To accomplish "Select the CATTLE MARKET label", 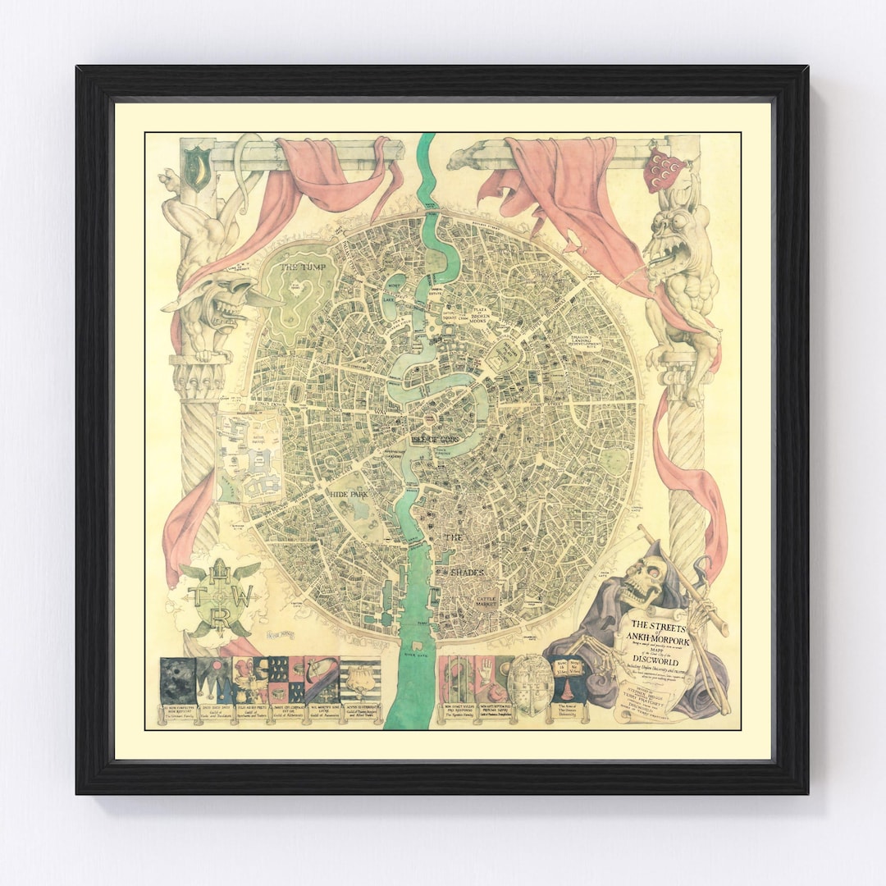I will click(x=493, y=603).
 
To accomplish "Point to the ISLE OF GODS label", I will click(x=436, y=441).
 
